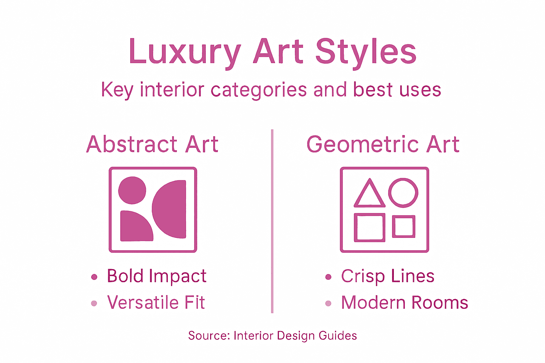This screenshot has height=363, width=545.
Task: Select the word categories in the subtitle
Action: (259, 90)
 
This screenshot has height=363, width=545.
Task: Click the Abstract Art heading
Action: (152, 144)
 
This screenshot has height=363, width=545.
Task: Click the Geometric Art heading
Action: (383, 144)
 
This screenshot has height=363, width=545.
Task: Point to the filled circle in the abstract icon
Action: (132, 190)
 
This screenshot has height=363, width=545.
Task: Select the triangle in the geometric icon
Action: (369, 195)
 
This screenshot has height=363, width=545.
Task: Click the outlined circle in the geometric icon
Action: (403, 192)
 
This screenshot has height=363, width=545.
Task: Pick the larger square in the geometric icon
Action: (369, 228)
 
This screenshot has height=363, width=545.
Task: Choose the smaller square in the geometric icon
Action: (403, 226)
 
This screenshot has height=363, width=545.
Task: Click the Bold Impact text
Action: (156, 276)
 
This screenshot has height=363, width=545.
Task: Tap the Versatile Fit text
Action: (156, 303)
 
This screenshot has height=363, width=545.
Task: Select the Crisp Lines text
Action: (387, 276)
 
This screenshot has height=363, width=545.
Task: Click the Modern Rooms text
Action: (404, 303)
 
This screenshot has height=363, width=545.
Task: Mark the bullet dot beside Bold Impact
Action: (94, 277)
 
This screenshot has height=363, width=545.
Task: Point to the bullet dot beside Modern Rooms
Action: (328, 303)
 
